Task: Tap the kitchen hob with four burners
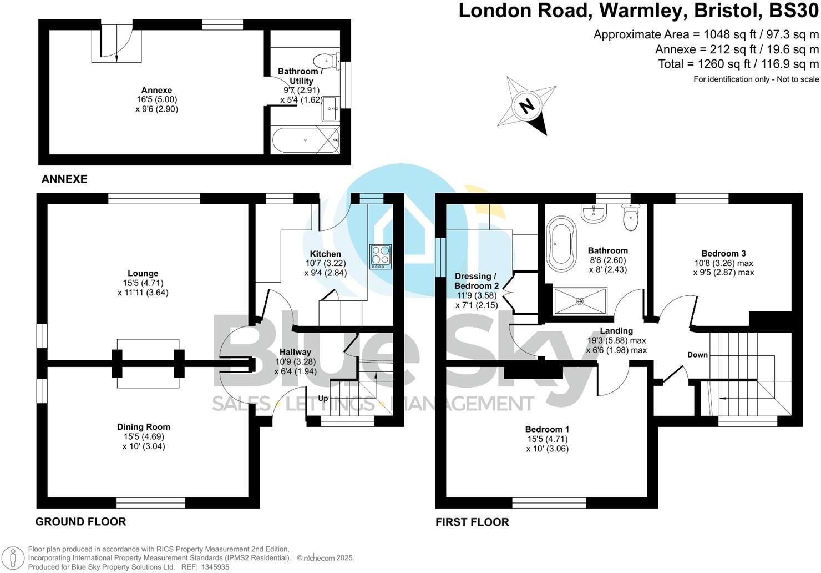pyautogui.click(x=381, y=257)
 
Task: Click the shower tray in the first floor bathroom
pyautogui.click(x=580, y=301)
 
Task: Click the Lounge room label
pyautogui.click(x=143, y=273)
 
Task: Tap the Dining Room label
pyautogui.click(x=143, y=427)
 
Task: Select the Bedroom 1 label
pyautogui.click(x=547, y=429)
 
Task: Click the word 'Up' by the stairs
pyautogui.click(x=323, y=398)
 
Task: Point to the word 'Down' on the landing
pyautogui.click(x=697, y=355)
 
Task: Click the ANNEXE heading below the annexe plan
pyautogui.click(x=64, y=179)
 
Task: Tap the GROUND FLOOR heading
pyautogui.click(x=80, y=522)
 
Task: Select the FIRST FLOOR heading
pyautogui.click(x=472, y=522)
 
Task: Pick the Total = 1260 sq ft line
pyautogui.click(x=738, y=64)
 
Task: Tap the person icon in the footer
pyautogui.click(x=13, y=558)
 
